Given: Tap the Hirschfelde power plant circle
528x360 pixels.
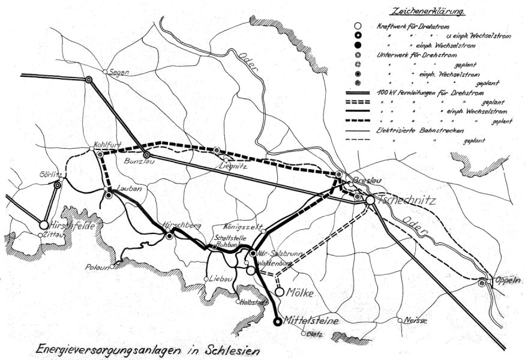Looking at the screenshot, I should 44,224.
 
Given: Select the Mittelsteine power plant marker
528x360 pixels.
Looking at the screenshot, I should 278,322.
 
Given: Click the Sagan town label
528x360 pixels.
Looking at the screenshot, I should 119,72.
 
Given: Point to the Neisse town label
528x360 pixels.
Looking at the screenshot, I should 416,320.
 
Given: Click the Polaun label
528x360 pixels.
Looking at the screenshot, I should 98,266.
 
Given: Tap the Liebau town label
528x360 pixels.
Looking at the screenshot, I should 218,279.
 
